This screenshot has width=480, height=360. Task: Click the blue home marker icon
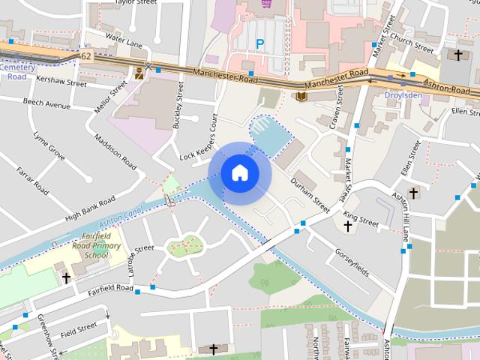239,172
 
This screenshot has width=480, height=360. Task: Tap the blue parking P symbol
259,44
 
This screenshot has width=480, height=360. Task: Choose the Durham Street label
310,194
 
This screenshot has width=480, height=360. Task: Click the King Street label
361,219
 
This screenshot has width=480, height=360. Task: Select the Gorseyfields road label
352,262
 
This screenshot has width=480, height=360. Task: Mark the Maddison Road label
115,151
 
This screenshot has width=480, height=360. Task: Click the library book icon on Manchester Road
301,97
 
